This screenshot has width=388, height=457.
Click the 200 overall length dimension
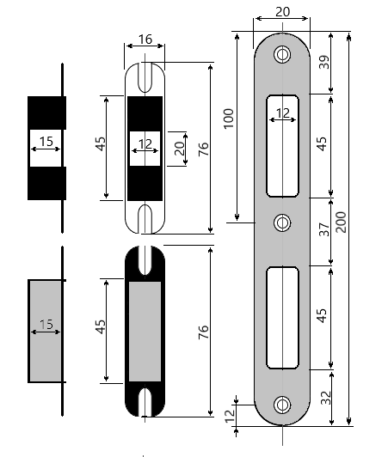pyautogui.click(x=342, y=225)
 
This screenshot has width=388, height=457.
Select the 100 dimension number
pyautogui.click(x=229, y=119)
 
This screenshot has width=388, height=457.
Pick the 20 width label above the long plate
pyautogui.click(x=282, y=11)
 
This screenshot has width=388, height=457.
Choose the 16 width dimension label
pyautogui.click(x=145, y=40)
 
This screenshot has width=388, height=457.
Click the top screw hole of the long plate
pyautogui.click(x=282, y=55)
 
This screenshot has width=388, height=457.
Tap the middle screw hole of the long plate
pyautogui.click(x=282, y=222)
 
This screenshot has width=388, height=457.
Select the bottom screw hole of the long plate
pyautogui.click(x=282, y=405)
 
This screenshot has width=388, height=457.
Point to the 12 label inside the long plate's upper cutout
pyautogui.click(x=283, y=113)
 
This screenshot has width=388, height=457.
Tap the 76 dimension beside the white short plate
pyautogui.click(x=203, y=148)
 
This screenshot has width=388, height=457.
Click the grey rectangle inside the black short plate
pyautogui.click(x=145, y=331)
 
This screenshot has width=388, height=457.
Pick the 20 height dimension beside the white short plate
pyautogui.click(x=179, y=147)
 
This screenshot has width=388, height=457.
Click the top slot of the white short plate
pyautogui.click(x=145, y=74)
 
